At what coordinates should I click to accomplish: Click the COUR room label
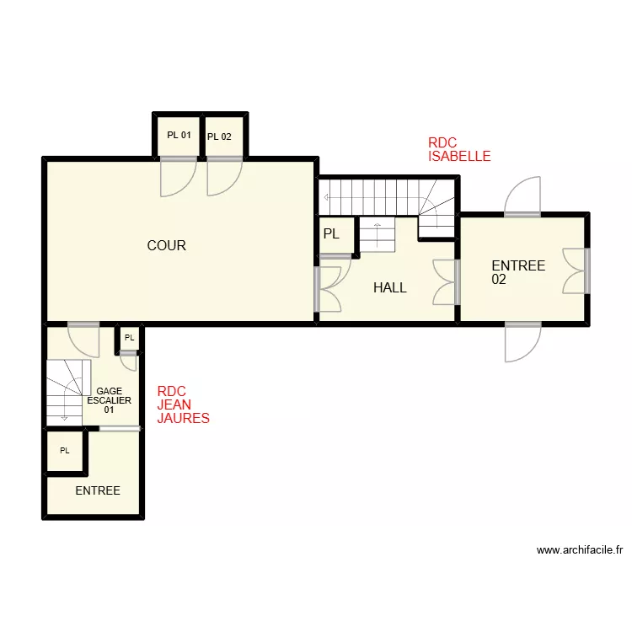[166, 246]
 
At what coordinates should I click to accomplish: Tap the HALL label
[389, 287]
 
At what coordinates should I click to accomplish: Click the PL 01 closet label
[179, 136]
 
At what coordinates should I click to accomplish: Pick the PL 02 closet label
[219, 137]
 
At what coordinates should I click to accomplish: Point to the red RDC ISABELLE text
[458, 150]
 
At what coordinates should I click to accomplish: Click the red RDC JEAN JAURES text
[183, 404]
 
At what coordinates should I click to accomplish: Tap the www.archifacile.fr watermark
[579, 550]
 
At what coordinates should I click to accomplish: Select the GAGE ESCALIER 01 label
[109, 400]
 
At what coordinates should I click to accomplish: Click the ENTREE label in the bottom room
[98, 490]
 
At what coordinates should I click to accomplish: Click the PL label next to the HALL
[331, 234]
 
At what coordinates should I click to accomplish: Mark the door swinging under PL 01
[178, 177]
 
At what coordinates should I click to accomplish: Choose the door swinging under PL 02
[224, 177]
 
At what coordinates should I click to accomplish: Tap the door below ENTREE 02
[522, 342]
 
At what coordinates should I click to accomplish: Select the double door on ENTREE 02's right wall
[575, 270]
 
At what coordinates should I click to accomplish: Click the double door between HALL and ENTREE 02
[445, 282]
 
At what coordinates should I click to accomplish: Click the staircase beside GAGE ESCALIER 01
[67, 389]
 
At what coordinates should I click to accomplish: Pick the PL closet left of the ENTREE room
[64, 451]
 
